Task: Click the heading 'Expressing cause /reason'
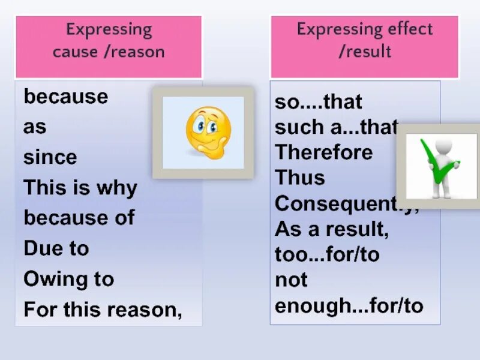pos(109,40)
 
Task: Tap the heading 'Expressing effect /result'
pos(364,40)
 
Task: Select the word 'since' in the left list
pos(50,158)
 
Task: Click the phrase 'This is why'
pos(80,188)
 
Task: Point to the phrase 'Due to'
pos(56,248)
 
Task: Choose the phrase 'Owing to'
pos(68,279)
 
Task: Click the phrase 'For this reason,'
pos(103,310)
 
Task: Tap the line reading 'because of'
pos(79,218)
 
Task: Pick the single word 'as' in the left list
pos(35,127)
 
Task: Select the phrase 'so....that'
pos(318,102)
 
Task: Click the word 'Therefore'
pos(323,152)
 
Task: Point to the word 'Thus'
pos(299,178)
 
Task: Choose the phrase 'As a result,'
pos(331,229)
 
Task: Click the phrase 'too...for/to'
pos(327,255)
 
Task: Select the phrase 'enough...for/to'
pos(349,306)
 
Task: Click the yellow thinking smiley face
pos(206,131)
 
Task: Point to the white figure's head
pos(444,146)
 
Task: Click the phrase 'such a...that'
pos(335,127)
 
